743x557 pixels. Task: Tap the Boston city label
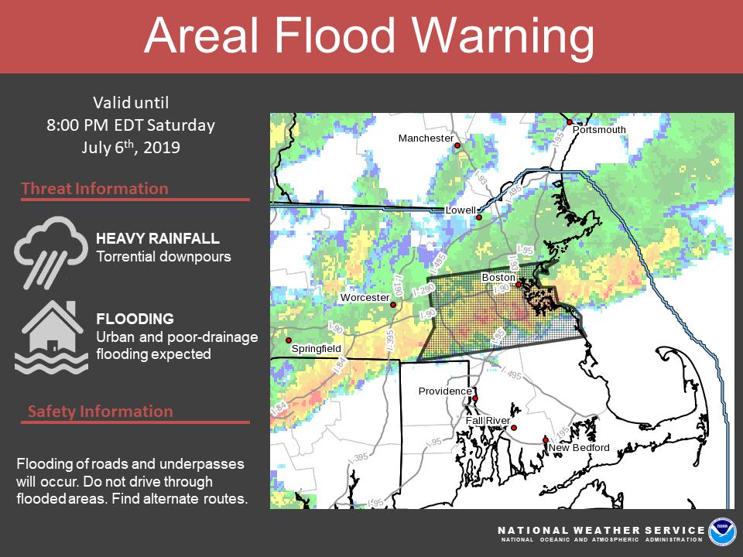point(498,277)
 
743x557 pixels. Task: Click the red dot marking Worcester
point(393,305)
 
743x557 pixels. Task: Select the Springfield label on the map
point(316,349)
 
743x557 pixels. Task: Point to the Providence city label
point(445,391)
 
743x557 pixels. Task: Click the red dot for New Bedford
point(546,440)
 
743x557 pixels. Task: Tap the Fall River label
point(488,421)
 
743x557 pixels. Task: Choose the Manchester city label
point(426,138)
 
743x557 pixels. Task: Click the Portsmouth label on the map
point(599,130)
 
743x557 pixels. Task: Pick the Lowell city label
point(461,210)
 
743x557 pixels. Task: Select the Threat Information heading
point(94,189)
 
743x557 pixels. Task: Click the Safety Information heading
point(101,411)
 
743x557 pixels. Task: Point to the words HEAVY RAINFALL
point(157,238)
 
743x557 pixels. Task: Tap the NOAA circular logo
point(722,531)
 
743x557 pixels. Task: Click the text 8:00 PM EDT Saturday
point(130,125)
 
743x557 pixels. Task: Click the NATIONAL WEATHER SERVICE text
point(601,530)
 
